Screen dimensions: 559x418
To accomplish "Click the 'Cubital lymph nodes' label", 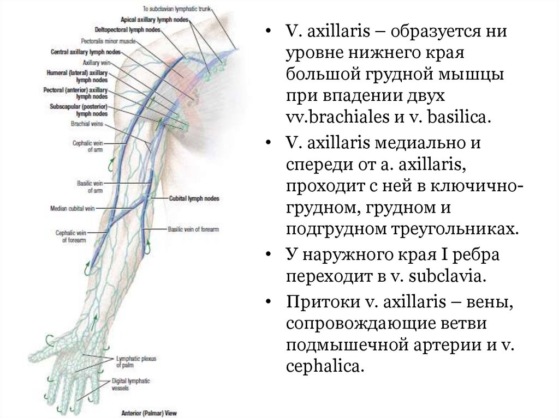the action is (x=194, y=199).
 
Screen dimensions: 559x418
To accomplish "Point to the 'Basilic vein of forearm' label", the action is (x=193, y=229).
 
